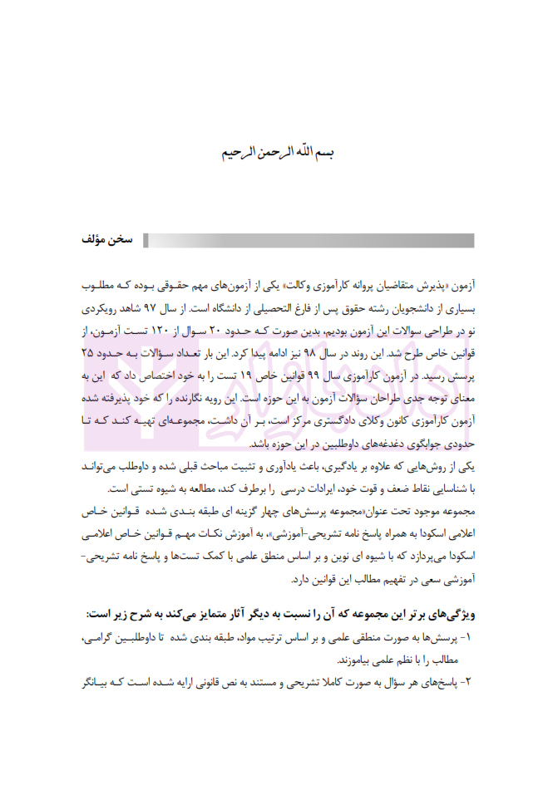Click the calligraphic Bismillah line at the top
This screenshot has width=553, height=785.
(276, 155)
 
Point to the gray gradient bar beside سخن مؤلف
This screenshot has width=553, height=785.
(308, 241)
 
